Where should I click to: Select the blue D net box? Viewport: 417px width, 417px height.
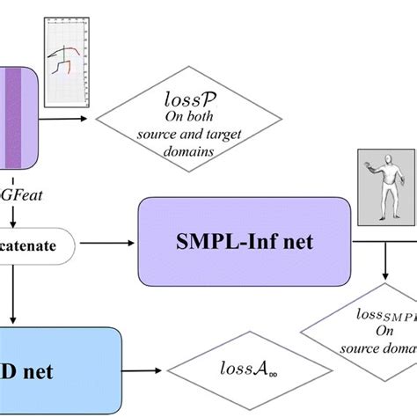(x=53, y=369)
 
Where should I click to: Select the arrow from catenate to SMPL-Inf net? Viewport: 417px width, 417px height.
(x=108, y=238)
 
